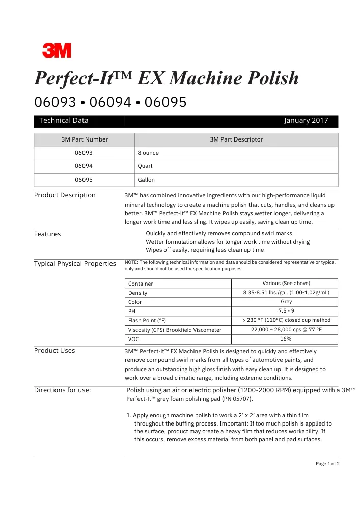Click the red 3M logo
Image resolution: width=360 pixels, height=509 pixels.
coord(57,50)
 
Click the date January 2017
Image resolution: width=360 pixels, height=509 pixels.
coord(306,121)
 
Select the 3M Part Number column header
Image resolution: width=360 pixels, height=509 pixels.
coord(84,139)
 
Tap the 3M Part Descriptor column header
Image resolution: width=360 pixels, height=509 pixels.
coord(236,139)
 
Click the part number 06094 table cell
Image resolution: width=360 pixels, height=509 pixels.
coord(84,166)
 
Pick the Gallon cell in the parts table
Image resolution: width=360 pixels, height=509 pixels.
coord(146,180)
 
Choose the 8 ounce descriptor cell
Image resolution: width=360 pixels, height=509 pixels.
coord(148,153)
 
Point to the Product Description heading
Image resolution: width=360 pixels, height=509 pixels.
coord(65,195)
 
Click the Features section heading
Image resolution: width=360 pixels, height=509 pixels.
coord(47,234)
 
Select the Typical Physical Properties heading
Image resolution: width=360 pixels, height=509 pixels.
coord(75,263)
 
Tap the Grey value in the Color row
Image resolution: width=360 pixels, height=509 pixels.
coord(286,302)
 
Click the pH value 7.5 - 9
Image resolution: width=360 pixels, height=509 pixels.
coord(286,310)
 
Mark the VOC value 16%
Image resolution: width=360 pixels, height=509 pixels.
coord(286,338)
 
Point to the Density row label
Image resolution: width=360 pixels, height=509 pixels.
coord(138,293)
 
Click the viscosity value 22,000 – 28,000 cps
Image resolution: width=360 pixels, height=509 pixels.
coord(286,329)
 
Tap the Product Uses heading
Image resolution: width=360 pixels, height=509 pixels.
coord(54,351)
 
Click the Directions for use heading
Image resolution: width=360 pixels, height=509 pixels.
coord(63,390)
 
